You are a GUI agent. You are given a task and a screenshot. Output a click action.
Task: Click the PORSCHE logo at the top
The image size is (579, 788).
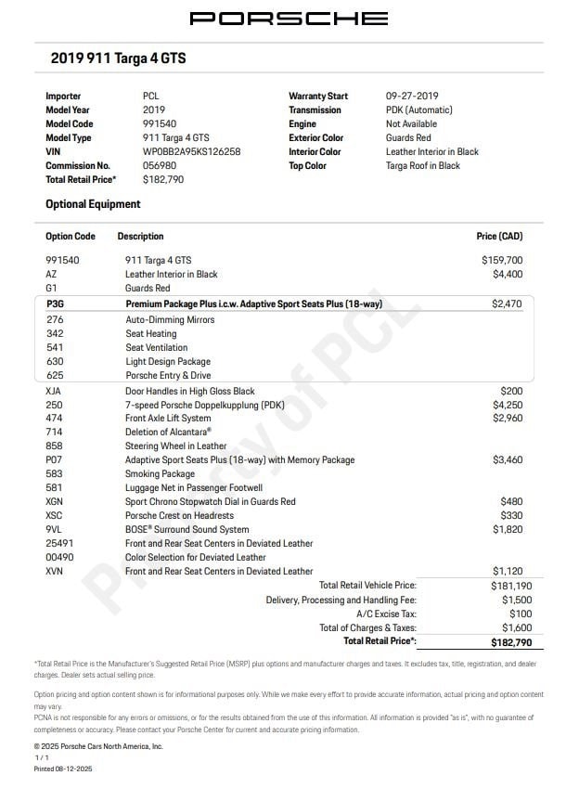click(x=289, y=18)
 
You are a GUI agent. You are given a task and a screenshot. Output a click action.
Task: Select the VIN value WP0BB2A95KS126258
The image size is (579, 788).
click(x=191, y=151)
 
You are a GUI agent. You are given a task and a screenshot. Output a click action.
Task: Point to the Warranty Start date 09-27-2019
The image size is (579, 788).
click(x=412, y=96)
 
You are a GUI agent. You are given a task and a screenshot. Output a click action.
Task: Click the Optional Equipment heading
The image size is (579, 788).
click(x=93, y=204)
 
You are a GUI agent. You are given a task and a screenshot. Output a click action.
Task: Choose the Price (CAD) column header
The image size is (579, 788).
click(x=499, y=237)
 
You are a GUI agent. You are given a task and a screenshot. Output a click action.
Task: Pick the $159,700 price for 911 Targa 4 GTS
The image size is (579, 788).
click(x=502, y=261)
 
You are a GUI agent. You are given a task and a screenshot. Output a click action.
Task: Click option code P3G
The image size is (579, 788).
click(x=55, y=304)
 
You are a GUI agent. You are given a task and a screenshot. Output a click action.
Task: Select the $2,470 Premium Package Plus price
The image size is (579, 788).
click(x=507, y=304)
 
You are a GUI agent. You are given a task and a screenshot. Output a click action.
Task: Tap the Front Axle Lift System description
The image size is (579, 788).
click(x=168, y=419)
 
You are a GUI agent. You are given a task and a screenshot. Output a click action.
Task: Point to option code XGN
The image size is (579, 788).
click(x=55, y=502)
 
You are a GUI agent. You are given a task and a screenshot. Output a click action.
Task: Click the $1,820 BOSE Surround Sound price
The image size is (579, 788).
click(x=507, y=530)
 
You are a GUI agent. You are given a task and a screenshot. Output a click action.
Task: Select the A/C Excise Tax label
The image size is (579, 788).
click(x=386, y=614)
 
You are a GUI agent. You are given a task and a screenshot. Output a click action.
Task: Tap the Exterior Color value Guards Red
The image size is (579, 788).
click(x=408, y=137)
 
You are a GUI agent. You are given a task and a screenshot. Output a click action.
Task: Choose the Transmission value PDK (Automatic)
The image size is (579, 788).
click(x=418, y=110)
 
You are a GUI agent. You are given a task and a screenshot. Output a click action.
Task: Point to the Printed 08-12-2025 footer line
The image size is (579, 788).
click(x=63, y=769)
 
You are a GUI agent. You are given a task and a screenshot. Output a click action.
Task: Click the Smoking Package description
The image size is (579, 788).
click(x=160, y=474)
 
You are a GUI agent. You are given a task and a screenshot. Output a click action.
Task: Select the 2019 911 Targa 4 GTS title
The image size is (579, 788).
click(x=118, y=58)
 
